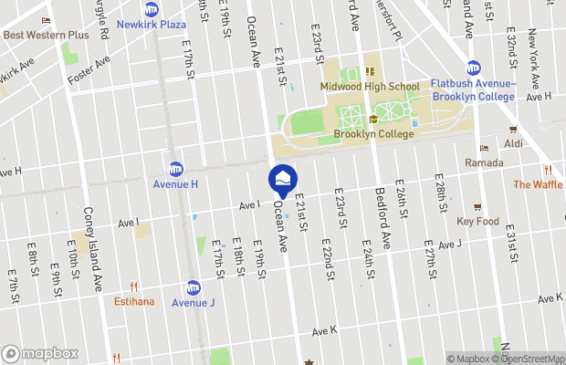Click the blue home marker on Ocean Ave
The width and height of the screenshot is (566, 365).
(283, 179)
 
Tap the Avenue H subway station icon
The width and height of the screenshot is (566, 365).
(175, 169)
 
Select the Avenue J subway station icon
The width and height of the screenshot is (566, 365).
(194, 287)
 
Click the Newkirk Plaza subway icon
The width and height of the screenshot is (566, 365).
(151, 10)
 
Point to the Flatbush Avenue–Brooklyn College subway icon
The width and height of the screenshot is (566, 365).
(474, 68)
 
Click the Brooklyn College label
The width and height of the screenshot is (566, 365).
(373, 134)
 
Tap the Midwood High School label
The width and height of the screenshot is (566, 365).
(369, 87)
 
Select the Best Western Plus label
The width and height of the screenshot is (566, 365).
(46, 35)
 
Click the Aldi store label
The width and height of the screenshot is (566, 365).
(515, 144)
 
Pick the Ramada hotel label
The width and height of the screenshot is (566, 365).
(484, 162)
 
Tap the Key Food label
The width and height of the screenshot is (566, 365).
(477, 221)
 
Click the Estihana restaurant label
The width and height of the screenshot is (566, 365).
(134, 301)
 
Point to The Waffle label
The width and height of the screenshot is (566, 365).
(539, 184)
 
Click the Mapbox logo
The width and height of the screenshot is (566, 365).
(40, 353)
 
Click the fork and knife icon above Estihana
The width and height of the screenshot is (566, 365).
(134, 286)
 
